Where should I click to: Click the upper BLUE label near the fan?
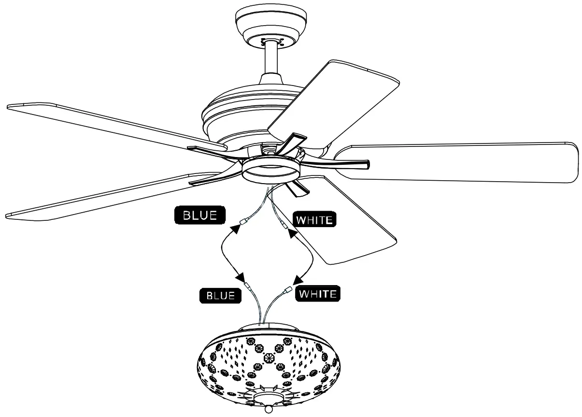[199, 215]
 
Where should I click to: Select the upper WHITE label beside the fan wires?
[314, 220]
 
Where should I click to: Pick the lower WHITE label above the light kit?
[318, 293]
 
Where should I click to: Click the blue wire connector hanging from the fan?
[244, 221]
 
